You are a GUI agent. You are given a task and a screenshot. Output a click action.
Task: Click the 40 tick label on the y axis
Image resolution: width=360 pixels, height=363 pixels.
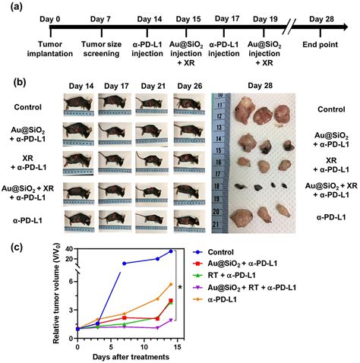pyautogui.click(x=67, y=250)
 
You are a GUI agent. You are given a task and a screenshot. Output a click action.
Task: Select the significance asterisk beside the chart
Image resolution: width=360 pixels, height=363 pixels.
pyautogui.click(x=180, y=287)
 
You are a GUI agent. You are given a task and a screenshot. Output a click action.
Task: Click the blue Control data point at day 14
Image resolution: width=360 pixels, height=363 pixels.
pyautogui.click(x=171, y=251)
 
